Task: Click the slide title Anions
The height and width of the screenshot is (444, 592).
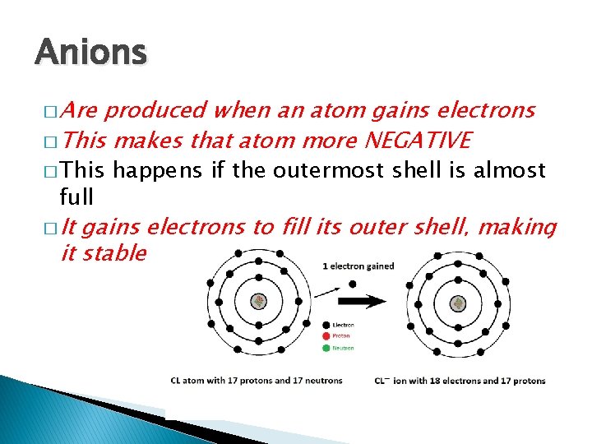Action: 90,53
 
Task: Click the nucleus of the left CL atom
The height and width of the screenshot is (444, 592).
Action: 259,302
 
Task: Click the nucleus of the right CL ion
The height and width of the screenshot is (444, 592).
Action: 459,302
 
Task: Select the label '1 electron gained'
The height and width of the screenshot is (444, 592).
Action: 358,266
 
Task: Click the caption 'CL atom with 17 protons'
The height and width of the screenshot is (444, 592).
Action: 257,381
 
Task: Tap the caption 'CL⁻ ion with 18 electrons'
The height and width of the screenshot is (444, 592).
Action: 460,381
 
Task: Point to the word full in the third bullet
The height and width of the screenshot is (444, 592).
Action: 76,197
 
